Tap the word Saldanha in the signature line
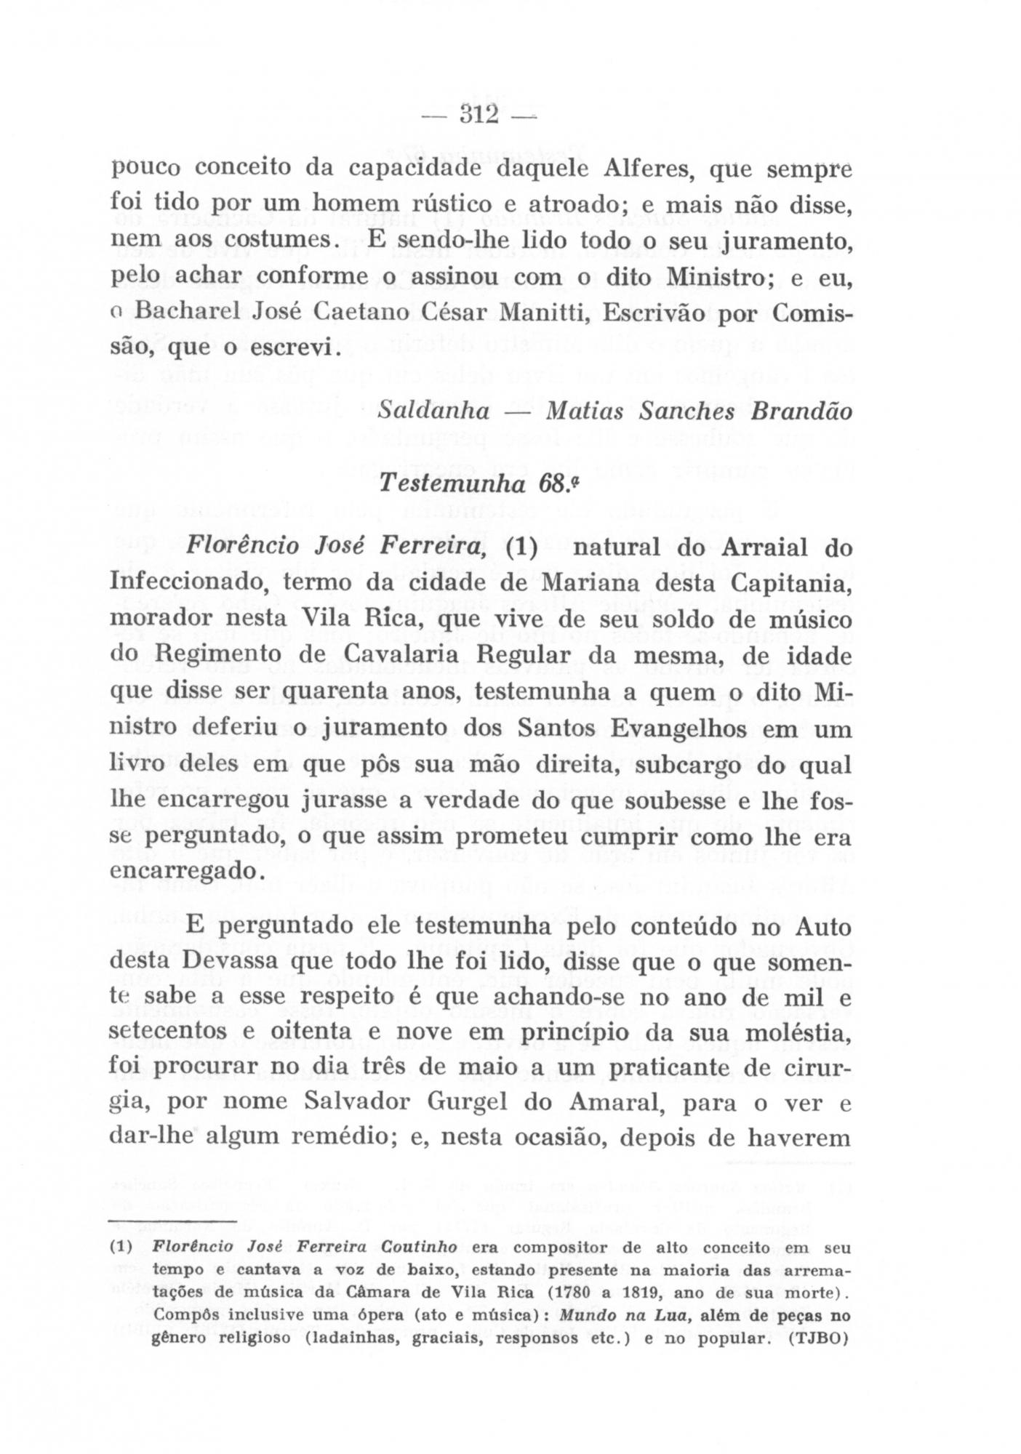(433, 411)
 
